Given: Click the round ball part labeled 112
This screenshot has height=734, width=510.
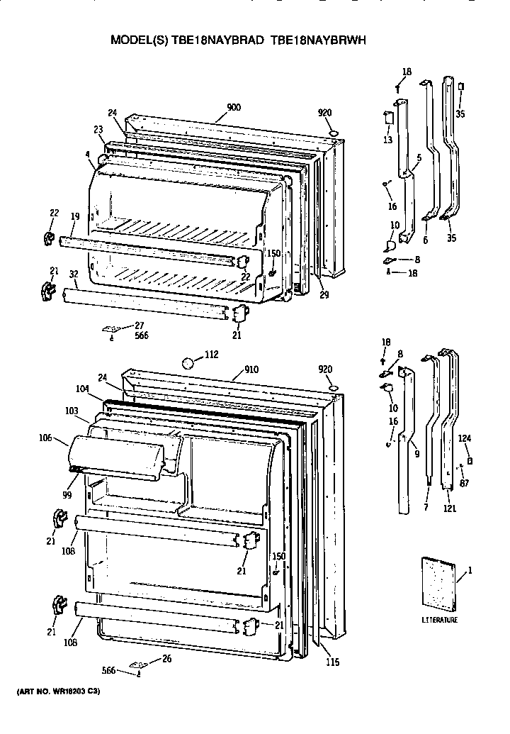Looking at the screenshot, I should pyautogui.click(x=188, y=364).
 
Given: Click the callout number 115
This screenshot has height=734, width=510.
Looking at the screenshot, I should pyautogui.click(x=332, y=662).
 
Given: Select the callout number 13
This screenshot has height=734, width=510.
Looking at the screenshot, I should pyautogui.click(x=387, y=140).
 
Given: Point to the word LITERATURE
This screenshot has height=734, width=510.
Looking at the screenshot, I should pyautogui.click(x=440, y=620).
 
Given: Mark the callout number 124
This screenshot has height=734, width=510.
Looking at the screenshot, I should pyautogui.click(x=464, y=438).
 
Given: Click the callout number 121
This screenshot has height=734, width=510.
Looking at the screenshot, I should pyautogui.click(x=449, y=508).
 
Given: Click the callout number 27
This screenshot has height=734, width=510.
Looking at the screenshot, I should pyautogui.click(x=139, y=325).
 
